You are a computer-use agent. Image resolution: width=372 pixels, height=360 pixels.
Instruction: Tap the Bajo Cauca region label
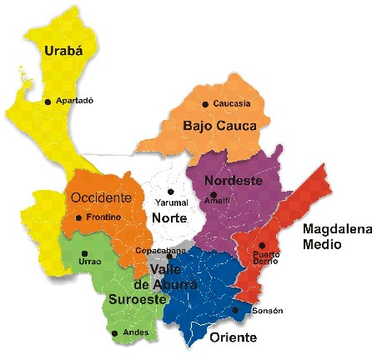click(x=220, y=126)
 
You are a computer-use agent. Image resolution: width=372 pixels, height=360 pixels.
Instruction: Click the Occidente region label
click(x=101, y=197)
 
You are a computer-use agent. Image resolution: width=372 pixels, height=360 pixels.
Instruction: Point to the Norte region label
click(x=169, y=218)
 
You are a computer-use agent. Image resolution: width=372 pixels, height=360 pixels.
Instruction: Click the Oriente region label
click(x=233, y=337)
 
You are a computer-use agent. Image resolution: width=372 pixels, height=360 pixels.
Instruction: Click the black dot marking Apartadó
click(x=48, y=102)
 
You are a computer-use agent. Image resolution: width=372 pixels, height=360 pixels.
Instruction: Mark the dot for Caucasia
click(x=205, y=104)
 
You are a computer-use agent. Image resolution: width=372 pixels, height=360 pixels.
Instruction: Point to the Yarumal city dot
click(x=170, y=191)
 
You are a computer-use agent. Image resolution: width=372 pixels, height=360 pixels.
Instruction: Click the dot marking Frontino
click(x=78, y=218)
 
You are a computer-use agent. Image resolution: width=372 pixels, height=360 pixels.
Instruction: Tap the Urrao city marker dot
click(x=84, y=254)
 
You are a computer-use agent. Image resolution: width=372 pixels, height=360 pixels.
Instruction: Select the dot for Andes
click(x=114, y=333)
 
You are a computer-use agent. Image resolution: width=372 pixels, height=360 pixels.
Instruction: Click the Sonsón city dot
click(x=236, y=311)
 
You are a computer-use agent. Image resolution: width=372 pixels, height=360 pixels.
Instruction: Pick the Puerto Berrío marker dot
click(x=261, y=245)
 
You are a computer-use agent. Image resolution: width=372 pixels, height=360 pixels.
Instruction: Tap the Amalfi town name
click(x=217, y=201)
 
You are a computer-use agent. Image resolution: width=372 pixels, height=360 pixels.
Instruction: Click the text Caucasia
click(x=232, y=104)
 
